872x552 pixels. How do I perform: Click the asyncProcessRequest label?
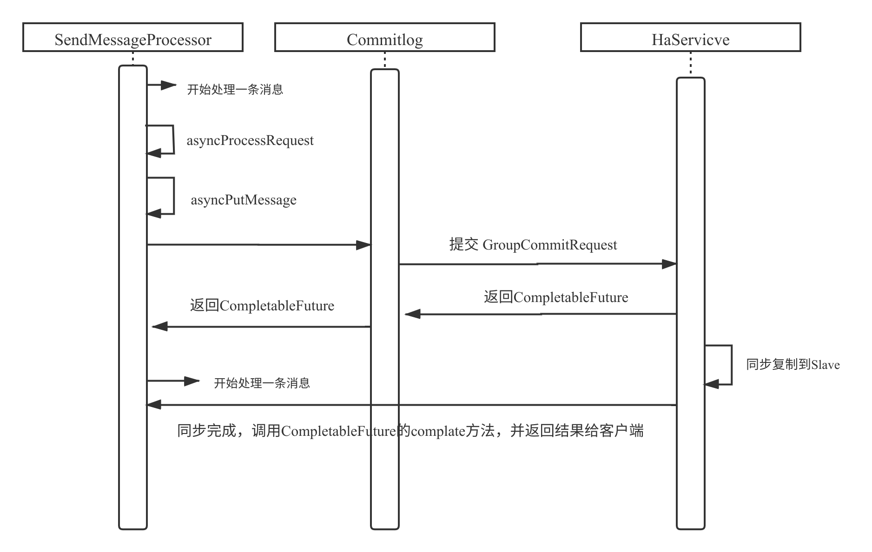[250, 140]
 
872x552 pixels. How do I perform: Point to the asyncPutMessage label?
[244, 200]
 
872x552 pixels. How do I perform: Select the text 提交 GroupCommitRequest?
[533, 244]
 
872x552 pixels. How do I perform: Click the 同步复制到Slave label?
[793, 365]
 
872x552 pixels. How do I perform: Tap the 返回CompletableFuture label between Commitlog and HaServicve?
[556, 297]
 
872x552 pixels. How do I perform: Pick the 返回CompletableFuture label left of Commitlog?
[262, 305]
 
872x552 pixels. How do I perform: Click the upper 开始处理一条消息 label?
[235, 89]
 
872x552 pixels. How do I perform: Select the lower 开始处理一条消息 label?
[262, 383]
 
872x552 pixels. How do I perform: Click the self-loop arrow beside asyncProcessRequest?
[173, 139]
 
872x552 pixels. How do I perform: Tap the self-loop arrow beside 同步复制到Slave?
[731, 365]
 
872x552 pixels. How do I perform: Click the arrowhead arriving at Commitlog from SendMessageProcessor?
[363, 245]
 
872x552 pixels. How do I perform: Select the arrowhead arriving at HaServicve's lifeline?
[669, 264]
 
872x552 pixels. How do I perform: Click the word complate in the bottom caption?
[438, 432]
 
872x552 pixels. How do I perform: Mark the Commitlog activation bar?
[385, 465]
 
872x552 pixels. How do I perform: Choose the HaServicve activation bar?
[691, 465]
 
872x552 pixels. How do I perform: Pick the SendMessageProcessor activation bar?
[133, 465]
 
